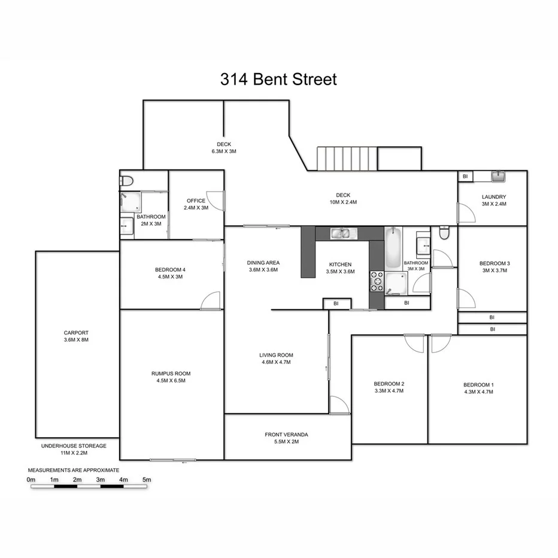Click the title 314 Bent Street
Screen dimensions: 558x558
(x=278, y=79)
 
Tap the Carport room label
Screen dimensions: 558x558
(x=76, y=333)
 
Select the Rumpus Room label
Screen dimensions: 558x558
(x=171, y=374)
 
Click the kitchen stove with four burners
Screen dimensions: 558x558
(x=377, y=281)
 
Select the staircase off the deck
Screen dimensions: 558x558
(x=345, y=159)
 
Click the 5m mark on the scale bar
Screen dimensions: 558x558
(x=147, y=480)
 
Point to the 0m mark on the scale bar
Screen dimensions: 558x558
(x=31, y=480)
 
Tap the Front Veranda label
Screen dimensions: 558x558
(x=286, y=435)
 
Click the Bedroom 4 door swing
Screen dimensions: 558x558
(x=211, y=301)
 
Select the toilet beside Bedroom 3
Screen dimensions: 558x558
(x=444, y=233)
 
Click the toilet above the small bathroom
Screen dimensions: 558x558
(x=127, y=180)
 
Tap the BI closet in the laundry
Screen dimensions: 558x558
(x=465, y=176)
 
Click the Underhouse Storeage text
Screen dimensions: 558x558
(x=74, y=446)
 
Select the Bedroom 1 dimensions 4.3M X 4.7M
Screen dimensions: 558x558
(x=478, y=392)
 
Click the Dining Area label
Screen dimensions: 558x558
(x=263, y=262)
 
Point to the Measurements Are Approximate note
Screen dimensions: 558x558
(x=74, y=471)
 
